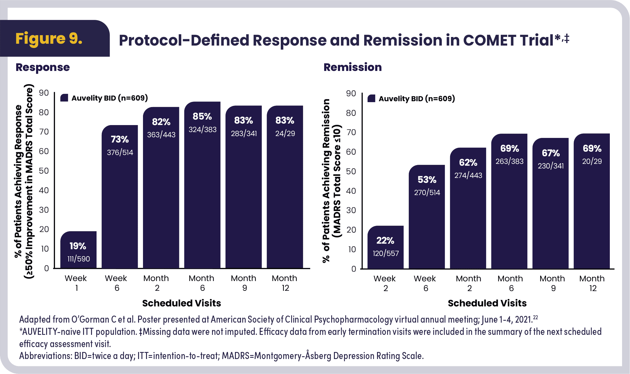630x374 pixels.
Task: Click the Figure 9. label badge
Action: click(49, 39)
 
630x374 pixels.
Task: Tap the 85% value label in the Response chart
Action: click(202, 117)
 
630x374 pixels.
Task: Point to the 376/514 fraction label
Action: click(120, 152)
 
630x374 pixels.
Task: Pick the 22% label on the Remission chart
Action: click(385, 241)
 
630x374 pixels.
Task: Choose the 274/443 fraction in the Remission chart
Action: click(468, 175)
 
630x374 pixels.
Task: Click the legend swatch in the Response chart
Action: click(64, 98)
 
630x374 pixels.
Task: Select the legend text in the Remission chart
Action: click(417, 98)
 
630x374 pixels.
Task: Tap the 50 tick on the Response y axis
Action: click(44, 171)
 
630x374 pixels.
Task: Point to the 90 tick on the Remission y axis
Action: click(351, 93)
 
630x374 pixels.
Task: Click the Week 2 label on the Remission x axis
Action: click(385, 283)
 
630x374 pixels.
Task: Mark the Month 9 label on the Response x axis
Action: click(244, 283)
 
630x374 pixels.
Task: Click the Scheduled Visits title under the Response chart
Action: click(181, 303)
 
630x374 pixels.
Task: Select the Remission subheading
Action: click(353, 67)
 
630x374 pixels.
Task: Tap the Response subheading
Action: click(43, 67)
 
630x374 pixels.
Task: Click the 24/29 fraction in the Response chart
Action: click(285, 133)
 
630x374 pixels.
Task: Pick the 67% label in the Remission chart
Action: click(551, 153)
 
